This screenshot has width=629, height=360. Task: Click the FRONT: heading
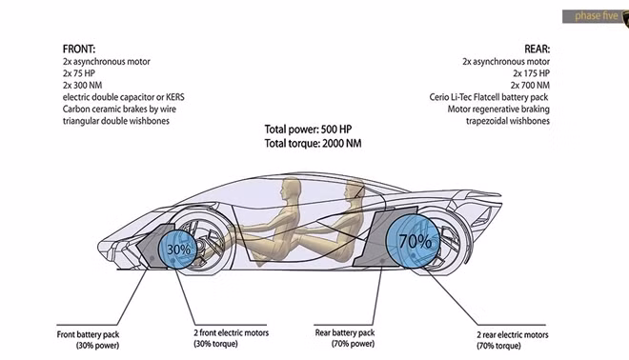[79, 50]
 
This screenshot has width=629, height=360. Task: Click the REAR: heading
[538, 50]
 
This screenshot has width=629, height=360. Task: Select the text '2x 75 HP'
[79, 73]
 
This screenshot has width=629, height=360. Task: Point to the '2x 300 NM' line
[83, 86]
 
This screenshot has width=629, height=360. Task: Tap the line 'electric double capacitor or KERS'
[124, 97]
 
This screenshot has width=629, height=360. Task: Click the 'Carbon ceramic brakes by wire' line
[119, 110]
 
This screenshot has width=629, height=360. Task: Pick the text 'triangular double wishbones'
[116, 121]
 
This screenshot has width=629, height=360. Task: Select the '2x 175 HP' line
[532, 73]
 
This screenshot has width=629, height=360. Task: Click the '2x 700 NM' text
[530, 86]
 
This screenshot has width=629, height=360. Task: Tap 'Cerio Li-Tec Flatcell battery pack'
[489, 97]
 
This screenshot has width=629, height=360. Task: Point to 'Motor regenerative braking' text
[498, 110]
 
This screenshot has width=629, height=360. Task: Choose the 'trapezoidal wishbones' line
[508, 121]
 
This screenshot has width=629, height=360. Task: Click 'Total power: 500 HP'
[308, 130]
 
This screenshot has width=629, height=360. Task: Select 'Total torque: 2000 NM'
[313, 144]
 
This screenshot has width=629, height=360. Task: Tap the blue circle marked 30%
[177, 249]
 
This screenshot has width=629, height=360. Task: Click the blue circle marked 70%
[413, 241]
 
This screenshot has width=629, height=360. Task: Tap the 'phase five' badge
[596, 16]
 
